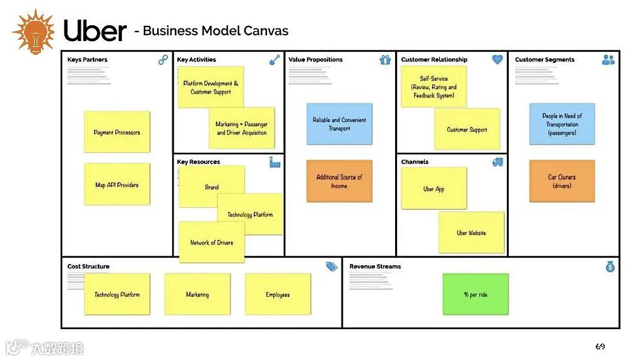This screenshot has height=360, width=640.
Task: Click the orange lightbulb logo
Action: (x=33, y=32)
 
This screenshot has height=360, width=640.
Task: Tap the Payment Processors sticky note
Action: (x=117, y=132)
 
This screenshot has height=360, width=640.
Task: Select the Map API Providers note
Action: (x=117, y=184)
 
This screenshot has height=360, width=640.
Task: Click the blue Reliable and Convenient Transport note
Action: (x=339, y=124)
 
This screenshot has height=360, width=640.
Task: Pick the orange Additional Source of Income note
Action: (x=339, y=181)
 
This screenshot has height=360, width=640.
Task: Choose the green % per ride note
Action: (x=475, y=294)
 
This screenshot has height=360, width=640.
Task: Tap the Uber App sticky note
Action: (x=434, y=188)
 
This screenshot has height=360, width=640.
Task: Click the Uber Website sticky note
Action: (x=471, y=232)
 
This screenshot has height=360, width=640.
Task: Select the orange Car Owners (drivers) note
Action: (x=562, y=181)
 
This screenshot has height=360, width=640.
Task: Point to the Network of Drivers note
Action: (x=211, y=243)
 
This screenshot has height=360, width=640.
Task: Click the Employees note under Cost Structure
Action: (x=278, y=294)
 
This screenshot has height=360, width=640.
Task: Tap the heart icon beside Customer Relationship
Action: (x=497, y=59)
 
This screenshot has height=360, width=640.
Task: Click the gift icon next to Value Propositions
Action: (x=385, y=60)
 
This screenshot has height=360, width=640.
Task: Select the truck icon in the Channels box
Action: (x=497, y=162)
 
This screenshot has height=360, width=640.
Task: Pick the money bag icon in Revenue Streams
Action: (x=610, y=267)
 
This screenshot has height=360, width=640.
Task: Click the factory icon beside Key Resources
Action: (x=275, y=162)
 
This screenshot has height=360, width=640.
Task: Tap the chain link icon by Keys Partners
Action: (x=163, y=60)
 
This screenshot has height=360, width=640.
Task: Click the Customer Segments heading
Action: (x=545, y=60)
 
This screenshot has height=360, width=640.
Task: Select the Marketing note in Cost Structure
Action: (x=198, y=294)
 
